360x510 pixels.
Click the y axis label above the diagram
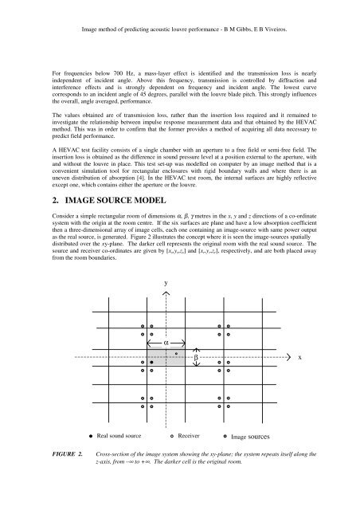tap(165, 282)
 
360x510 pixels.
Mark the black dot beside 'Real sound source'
tap(88, 437)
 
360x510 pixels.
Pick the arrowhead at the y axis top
tap(165, 292)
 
